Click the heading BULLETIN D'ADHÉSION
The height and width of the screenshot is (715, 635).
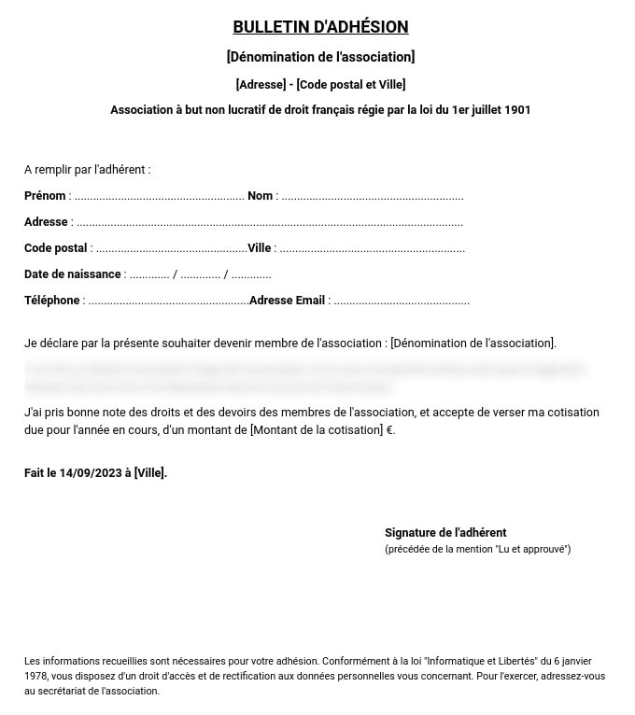(x=320, y=27)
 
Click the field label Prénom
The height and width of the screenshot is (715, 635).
(x=45, y=196)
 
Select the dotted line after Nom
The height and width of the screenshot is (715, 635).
(x=373, y=197)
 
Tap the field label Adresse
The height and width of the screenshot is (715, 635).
(x=46, y=222)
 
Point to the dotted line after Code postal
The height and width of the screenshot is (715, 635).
(x=171, y=249)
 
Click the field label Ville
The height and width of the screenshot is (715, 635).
(x=259, y=248)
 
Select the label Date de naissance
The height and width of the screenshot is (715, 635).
(x=73, y=274)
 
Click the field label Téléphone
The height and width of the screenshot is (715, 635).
(x=51, y=301)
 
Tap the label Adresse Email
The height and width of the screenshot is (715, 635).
(x=287, y=301)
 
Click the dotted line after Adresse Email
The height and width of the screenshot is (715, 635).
(x=402, y=301)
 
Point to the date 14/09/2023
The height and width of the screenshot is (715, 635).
(x=91, y=473)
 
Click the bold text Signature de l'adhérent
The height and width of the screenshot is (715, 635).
(x=445, y=533)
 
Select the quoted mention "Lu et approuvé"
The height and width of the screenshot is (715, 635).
(x=532, y=550)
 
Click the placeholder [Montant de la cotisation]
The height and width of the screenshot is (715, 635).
(x=317, y=430)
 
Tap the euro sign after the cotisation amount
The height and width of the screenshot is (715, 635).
(x=390, y=430)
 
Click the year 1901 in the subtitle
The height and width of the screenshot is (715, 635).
(x=516, y=110)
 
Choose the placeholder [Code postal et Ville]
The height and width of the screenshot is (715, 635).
(x=351, y=85)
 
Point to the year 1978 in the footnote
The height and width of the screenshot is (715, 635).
(x=36, y=676)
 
